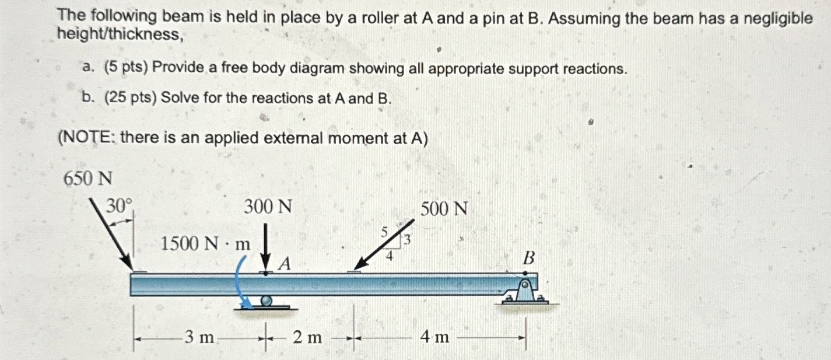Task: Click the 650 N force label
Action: click(87, 178)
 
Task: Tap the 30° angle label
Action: click(120, 205)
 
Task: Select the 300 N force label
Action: click(268, 207)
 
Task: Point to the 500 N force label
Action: click(444, 208)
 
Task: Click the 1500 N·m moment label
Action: click(205, 244)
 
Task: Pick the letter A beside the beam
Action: click(284, 264)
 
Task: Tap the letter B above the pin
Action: click(528, 258)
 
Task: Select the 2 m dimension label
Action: click(307, 337)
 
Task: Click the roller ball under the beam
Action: click(266, 300)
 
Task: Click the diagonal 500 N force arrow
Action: click(384, 244)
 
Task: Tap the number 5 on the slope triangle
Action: click(384, 232)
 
